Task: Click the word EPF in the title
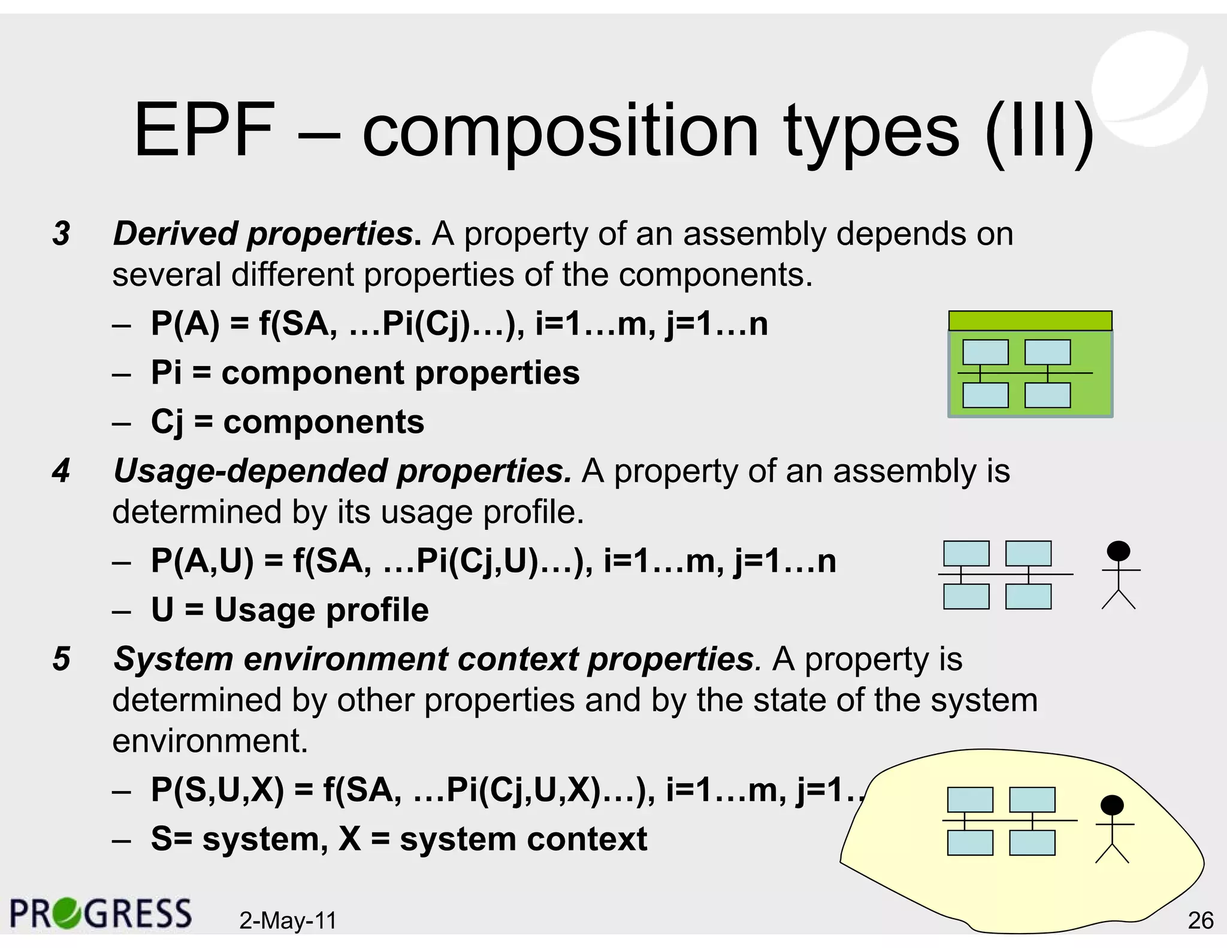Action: pos(204,131)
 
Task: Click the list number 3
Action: pos(61,234)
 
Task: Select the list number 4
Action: pos(61,471)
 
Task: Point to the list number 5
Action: pos(61,659)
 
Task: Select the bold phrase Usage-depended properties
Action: pos(341,471)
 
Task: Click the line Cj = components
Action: pos(288,422)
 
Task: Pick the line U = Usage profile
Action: pos(290,610)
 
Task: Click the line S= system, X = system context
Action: pos(398,839)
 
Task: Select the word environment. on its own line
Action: pos(210,741)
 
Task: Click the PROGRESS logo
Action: pos(101,913)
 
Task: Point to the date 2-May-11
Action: pos(288,920)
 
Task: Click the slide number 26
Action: pos(1201,920)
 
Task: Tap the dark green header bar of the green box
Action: pos(1030,321)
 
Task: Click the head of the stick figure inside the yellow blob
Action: pos(1112,805)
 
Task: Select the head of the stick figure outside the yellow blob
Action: pos(1118,551)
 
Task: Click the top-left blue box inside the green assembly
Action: pos(985,352)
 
